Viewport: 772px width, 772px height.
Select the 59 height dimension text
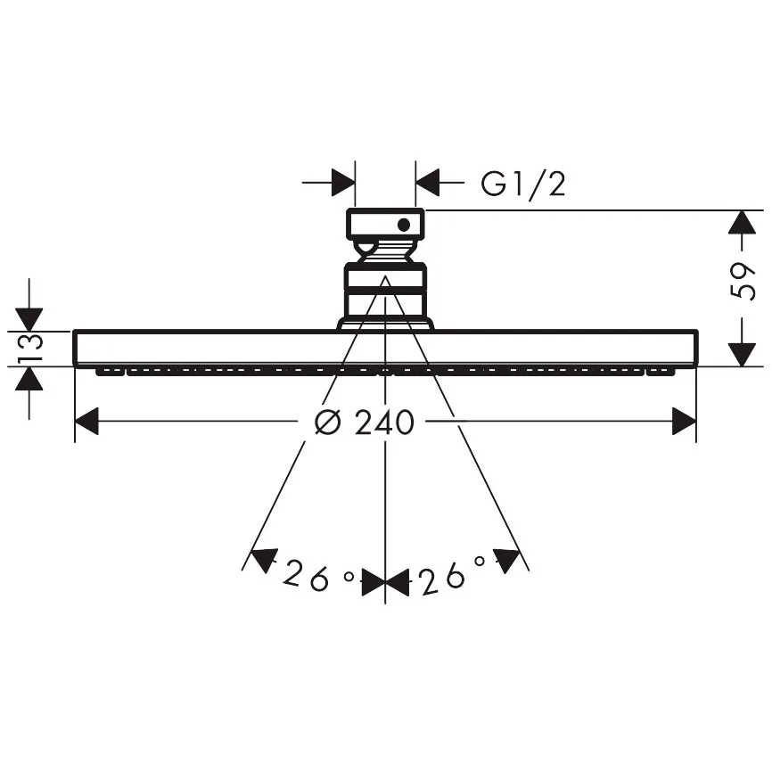[742, 281]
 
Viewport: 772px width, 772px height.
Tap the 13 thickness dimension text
[30, 349]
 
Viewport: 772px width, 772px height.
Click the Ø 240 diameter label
[365, 422]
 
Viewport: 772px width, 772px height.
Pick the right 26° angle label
[453, 575]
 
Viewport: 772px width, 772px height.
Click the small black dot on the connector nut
[404, 225]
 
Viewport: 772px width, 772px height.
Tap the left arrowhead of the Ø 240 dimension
[86, 421]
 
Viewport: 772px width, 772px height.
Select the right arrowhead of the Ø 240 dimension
[685, 421]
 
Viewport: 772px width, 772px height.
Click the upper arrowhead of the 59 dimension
[742, 222]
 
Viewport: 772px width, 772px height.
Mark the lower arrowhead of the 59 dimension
[742, 355]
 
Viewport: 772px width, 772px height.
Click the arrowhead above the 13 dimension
[29, 319]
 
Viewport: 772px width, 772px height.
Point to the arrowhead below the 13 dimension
[29, 379]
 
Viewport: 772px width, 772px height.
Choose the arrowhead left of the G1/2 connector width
[343, 182]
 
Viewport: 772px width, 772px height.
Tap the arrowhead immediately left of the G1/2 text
[427, 182]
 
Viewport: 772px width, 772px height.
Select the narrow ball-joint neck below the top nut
[385, 252]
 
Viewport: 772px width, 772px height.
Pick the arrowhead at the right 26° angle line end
[506, 561]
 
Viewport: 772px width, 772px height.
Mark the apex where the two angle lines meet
[385, 276]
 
